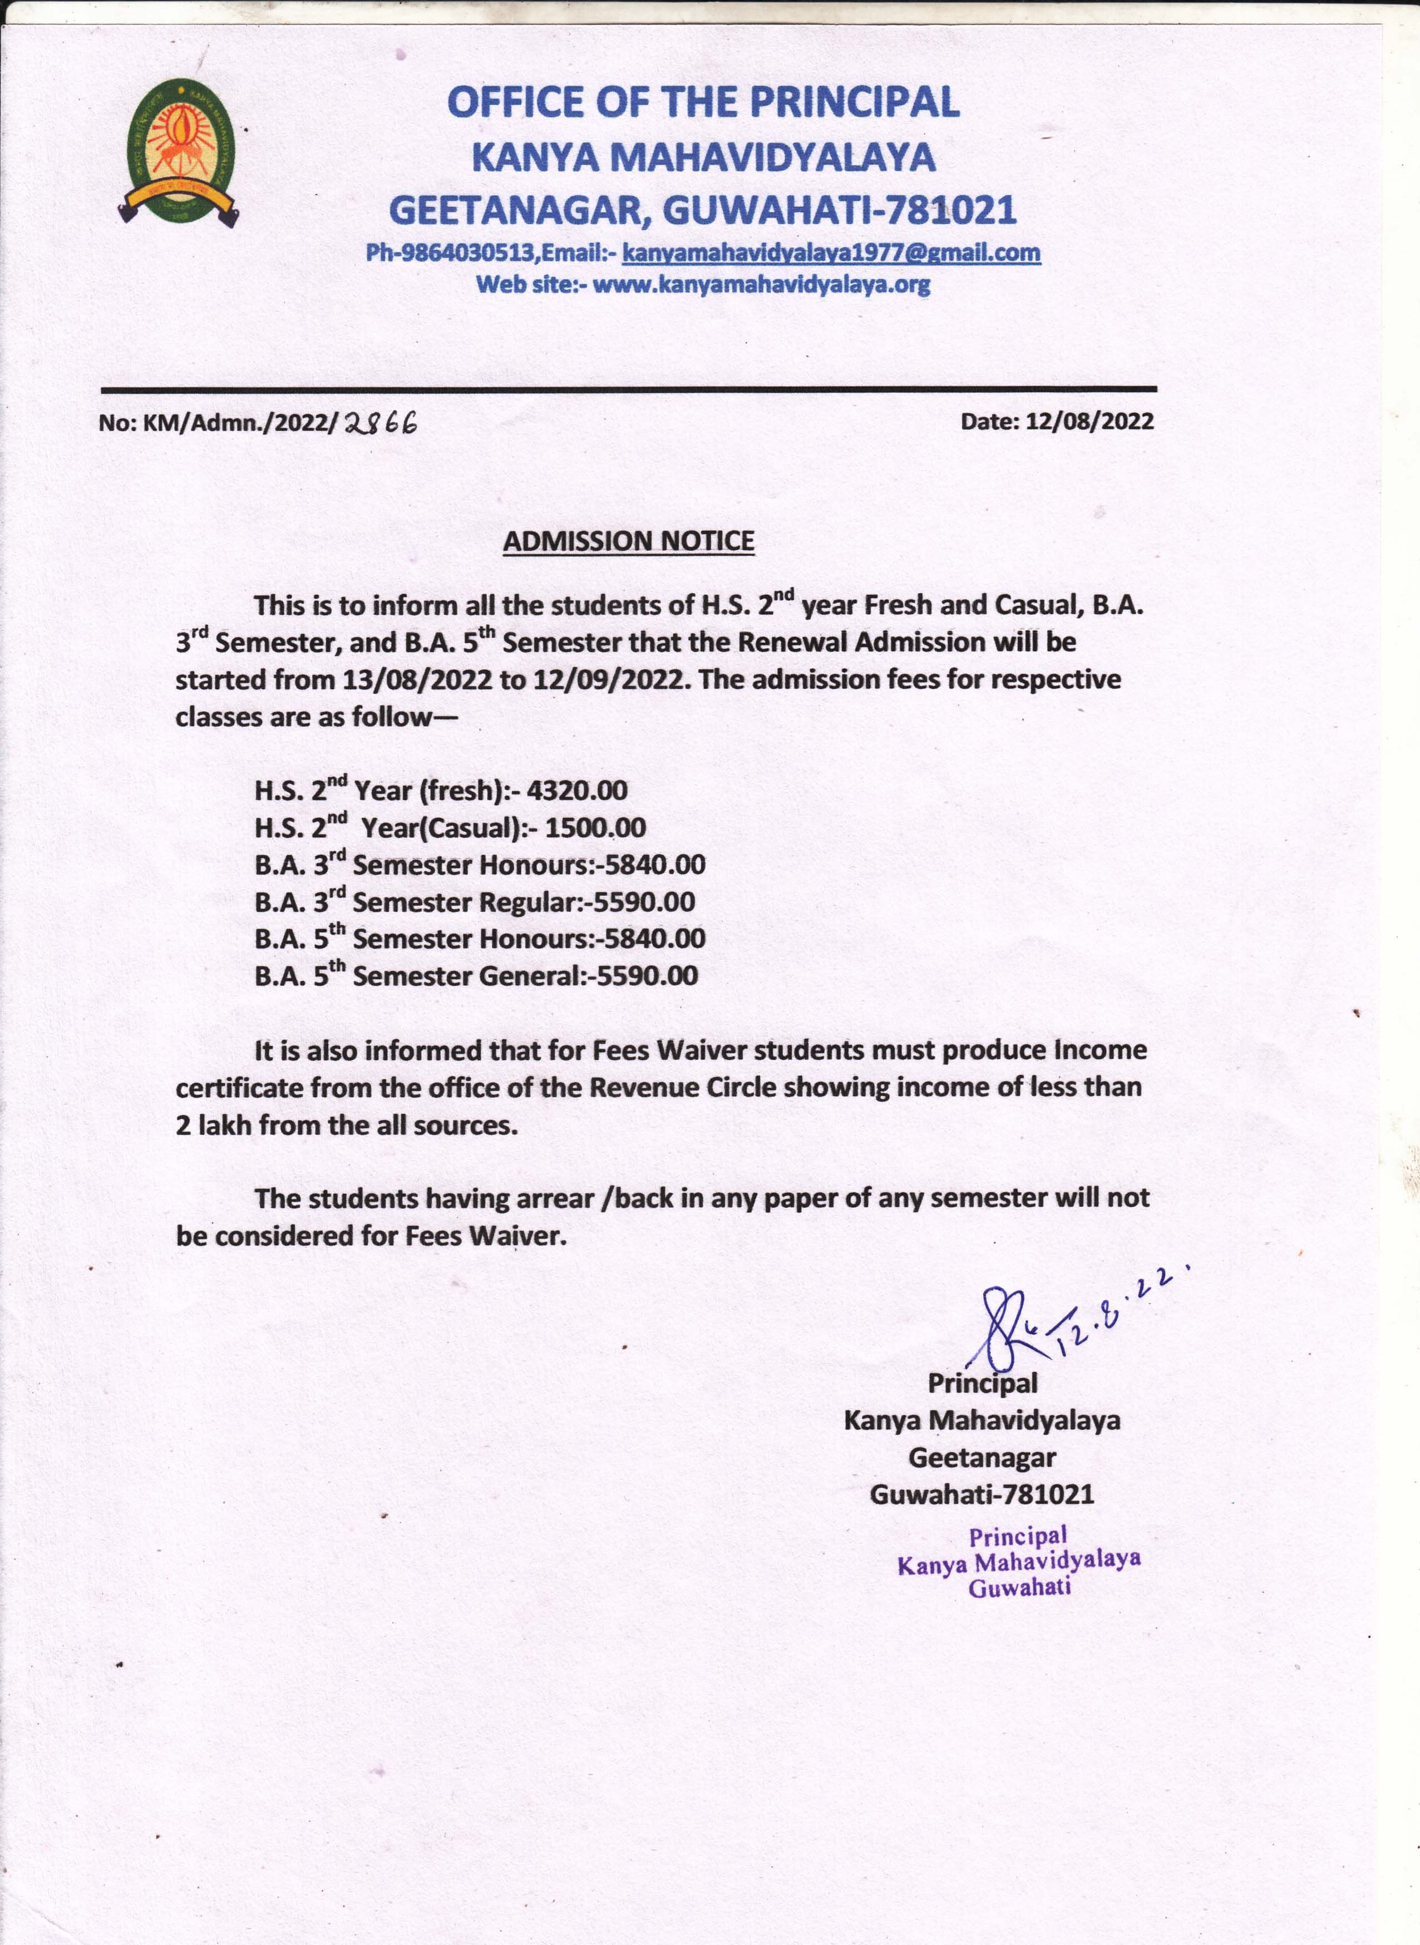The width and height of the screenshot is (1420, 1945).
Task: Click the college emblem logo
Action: [x=180, y=152]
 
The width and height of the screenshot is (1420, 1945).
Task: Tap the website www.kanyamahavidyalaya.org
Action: [x=761, y=284]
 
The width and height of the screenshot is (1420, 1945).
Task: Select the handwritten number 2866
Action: [x=379, y=422]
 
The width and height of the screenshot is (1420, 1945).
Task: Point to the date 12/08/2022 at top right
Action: [x=1089, y=421]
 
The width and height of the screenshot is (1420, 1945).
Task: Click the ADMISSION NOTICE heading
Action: [x=628, y=541]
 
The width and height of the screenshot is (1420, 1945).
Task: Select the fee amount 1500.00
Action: [x=595, y=828]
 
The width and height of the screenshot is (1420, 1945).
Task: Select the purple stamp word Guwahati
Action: [x=1019, y=1587]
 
